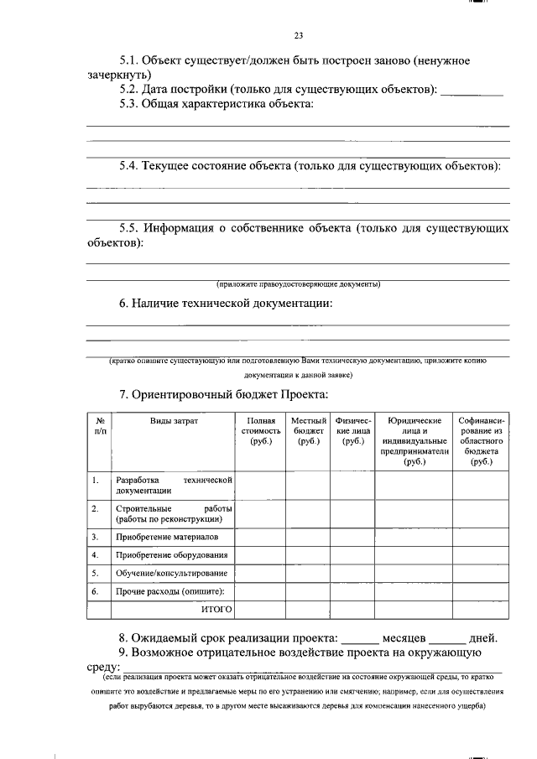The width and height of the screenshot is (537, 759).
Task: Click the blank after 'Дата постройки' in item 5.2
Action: pos(472,90)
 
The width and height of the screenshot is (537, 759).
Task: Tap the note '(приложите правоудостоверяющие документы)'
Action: pos(298,283)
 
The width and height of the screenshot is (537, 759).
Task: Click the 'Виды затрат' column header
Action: pos(174,420)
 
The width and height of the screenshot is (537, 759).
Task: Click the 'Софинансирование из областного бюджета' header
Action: pos(481,440)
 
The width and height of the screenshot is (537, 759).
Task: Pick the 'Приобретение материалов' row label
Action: pos(167,537)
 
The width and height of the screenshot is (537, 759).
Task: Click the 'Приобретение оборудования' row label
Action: pos(172,555)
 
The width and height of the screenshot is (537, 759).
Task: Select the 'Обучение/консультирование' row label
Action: pos(171,574)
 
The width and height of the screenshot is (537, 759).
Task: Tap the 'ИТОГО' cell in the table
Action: pos(216,609)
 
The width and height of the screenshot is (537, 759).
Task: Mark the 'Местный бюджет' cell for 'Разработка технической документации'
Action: pos(308,485)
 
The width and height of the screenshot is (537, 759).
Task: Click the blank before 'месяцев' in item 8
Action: pos(362,637)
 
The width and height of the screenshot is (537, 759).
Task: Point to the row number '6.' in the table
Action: pos(96,591)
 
